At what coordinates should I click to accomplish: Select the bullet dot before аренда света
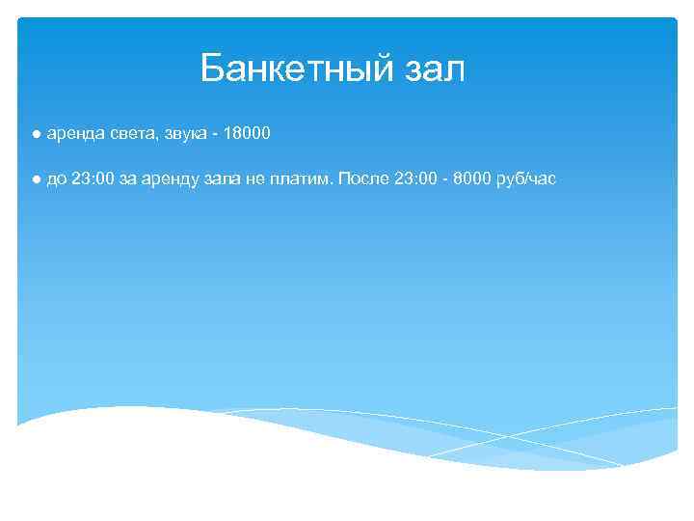(x=34, y=134)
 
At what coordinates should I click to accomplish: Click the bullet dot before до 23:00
(x=34, y=179)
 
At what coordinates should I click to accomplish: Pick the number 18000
(x=247, y=134)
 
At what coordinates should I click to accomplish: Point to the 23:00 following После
(x=417, y=179)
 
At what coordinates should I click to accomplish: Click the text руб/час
(x=527, y=179)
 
